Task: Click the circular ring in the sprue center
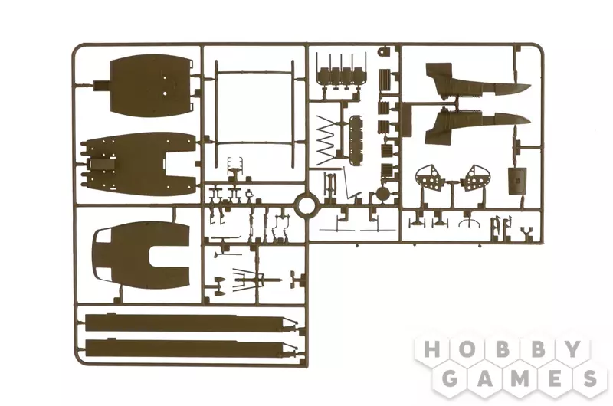pos(306,205)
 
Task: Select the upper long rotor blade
pos(190,323)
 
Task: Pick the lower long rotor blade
pos(190,348)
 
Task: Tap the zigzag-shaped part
pos(326,140)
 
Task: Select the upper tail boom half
pos(477,81)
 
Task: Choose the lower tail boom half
pos(477,121)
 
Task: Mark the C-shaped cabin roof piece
pos(142,255)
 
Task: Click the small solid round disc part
pos(382,194)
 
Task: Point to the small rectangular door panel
pos(517,181)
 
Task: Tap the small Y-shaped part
pos(527,233)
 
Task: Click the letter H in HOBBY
pos(432,349)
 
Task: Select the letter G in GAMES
pos(450,378)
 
